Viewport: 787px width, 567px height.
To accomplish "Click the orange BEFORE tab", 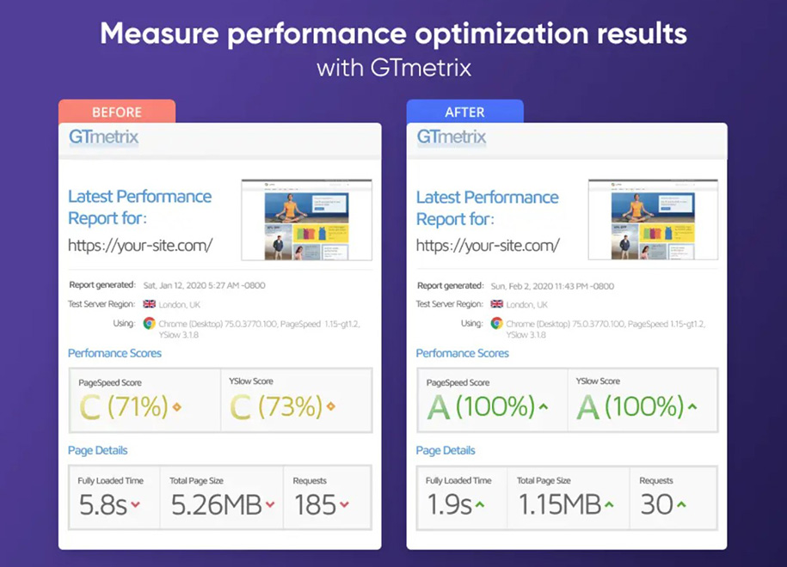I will (117, 112).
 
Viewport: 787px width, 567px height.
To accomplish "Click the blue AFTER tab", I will (464, 112).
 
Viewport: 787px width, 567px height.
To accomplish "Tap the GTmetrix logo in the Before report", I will (103, 137).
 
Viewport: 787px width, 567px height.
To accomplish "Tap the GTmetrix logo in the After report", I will (452, 137).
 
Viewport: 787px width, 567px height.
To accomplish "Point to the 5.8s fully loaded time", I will (102, 504).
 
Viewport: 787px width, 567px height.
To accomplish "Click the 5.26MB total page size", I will (216, 504).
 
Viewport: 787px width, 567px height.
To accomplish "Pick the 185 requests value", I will (316, 504).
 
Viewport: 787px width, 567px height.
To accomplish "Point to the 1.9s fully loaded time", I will (449, 504).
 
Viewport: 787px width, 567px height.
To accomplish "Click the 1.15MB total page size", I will (559, 504).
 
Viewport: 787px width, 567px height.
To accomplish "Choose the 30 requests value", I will (657, 504).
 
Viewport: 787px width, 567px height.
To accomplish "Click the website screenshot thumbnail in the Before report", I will (306, 219).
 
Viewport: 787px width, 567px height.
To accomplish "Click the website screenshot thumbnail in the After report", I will (654, 219).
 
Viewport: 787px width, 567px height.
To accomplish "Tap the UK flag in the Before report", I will (150, 304).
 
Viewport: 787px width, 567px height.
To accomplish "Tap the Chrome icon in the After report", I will (496, 323).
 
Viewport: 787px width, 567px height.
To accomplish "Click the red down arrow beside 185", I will (345, 505).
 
